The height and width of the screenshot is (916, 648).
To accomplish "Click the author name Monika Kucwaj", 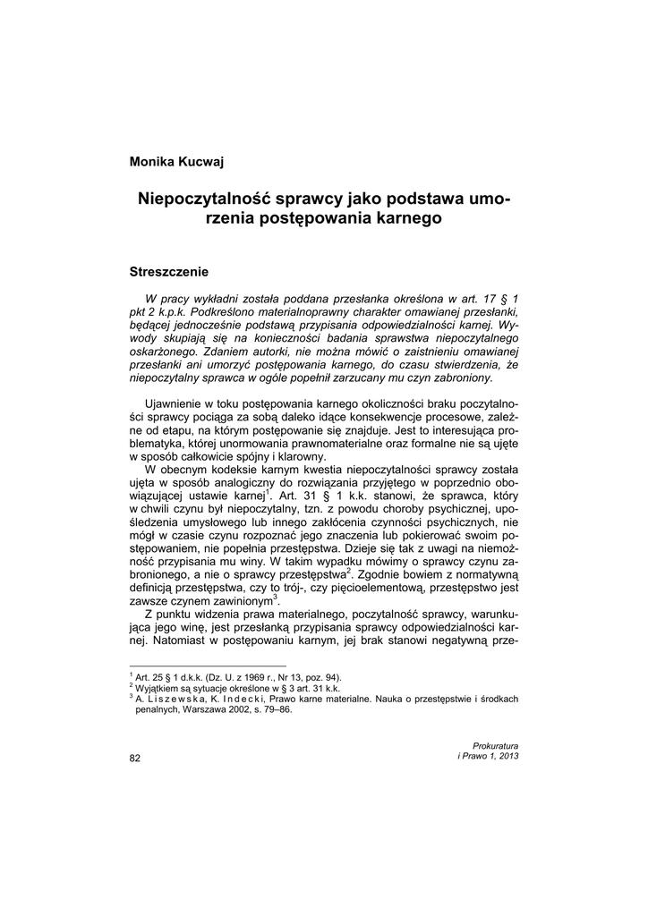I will pos(177,161).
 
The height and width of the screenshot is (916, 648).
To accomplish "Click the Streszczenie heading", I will pos(169,269).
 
